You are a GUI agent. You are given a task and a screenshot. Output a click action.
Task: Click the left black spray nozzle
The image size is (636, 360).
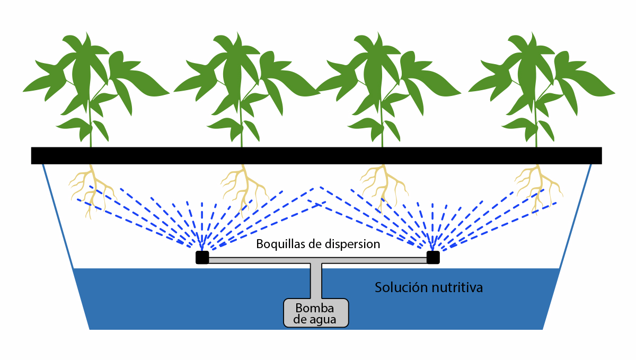(202, 257)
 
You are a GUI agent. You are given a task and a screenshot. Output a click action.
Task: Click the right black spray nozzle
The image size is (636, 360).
(433, 257)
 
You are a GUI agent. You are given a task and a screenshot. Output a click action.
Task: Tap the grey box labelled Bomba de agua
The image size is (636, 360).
(316, 313)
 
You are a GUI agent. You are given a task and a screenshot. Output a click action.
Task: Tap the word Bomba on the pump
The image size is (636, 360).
(316, 308)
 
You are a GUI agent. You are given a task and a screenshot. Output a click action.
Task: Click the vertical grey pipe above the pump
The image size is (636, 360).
(316, 281)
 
